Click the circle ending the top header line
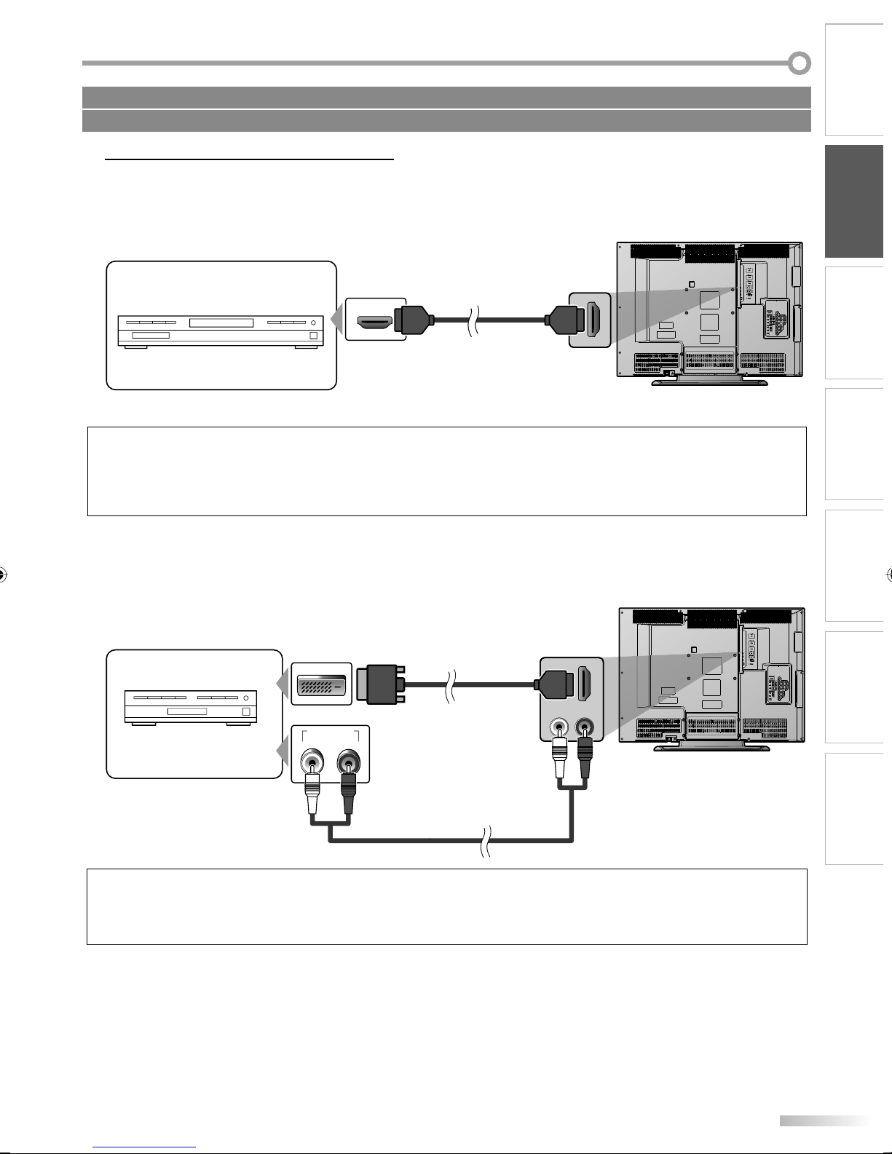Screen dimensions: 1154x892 coord(800,63)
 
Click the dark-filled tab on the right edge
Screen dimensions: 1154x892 coord(854,201)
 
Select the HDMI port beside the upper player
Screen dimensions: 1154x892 coord(375,320)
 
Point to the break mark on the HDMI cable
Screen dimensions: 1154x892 coord(473,320)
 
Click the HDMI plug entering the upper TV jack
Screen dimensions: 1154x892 coord(563,319)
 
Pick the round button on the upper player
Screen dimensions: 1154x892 coord(315,322)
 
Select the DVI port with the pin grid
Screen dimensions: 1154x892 coord(321,684)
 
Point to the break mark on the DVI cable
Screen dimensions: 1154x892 coord(452,684)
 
